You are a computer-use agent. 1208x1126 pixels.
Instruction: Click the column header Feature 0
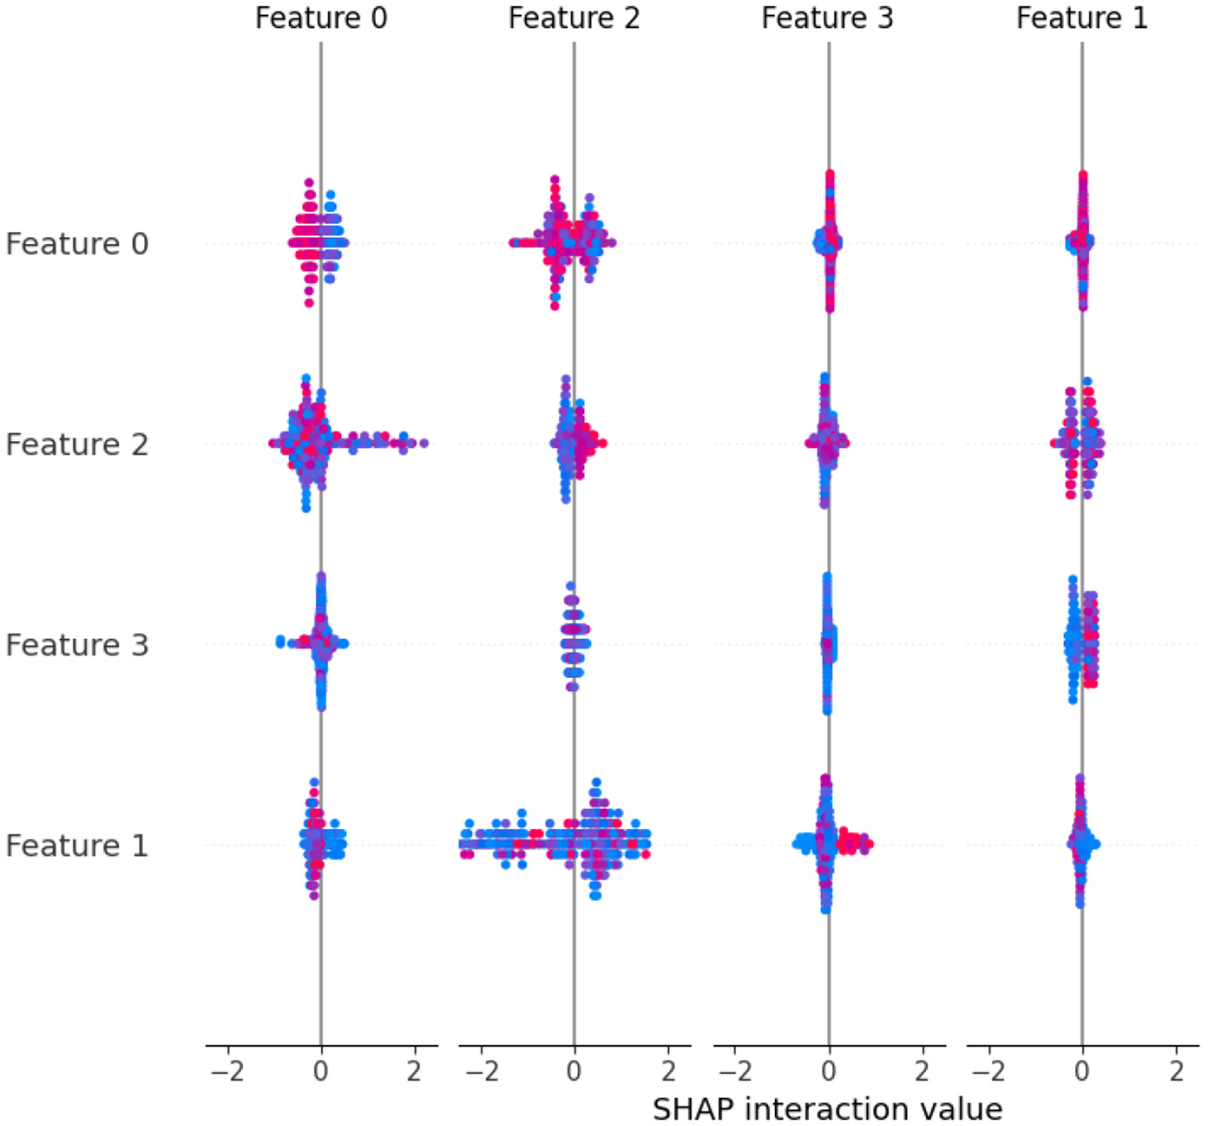[321, 18]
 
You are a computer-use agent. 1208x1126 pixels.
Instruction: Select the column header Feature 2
[574, 18]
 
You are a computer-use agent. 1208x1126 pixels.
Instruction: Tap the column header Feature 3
[827, 18]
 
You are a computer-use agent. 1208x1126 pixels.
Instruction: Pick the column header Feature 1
[1081, 18]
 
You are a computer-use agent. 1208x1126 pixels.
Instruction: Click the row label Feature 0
[77, 244]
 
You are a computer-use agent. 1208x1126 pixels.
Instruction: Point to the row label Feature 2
[77, 444]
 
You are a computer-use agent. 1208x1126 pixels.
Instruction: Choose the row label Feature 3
[77, 645]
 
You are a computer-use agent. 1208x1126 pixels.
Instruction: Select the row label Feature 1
[77, 845]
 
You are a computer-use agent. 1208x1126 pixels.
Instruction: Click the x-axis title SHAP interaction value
[827, 1109]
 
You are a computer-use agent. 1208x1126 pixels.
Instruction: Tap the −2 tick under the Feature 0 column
[227, 1071]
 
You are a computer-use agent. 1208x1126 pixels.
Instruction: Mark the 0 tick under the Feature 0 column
[321, 1071]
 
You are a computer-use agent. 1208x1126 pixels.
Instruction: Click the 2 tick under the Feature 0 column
[414, 1071]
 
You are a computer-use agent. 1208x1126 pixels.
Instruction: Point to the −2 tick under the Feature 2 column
[480, 1071]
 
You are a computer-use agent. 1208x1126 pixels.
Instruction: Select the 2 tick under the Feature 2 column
[668, 1071]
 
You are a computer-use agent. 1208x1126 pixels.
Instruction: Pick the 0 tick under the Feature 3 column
[829, 1071]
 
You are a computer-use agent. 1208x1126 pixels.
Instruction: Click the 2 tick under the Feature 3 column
[922, 1071]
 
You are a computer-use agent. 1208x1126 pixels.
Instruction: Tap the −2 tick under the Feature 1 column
[988, 1071]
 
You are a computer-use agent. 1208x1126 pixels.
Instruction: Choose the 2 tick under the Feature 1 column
[1176, 1071]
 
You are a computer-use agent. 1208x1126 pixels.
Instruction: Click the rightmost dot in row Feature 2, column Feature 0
[424, 443]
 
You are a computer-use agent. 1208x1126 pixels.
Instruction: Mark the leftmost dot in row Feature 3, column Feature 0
[280, 641]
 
